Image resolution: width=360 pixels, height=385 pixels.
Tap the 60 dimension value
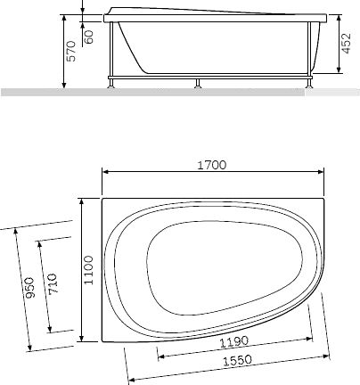coord(89,37)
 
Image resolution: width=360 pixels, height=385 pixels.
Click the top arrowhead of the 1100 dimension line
coord(81,201)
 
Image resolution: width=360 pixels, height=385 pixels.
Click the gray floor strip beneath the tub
coord(178,92)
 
